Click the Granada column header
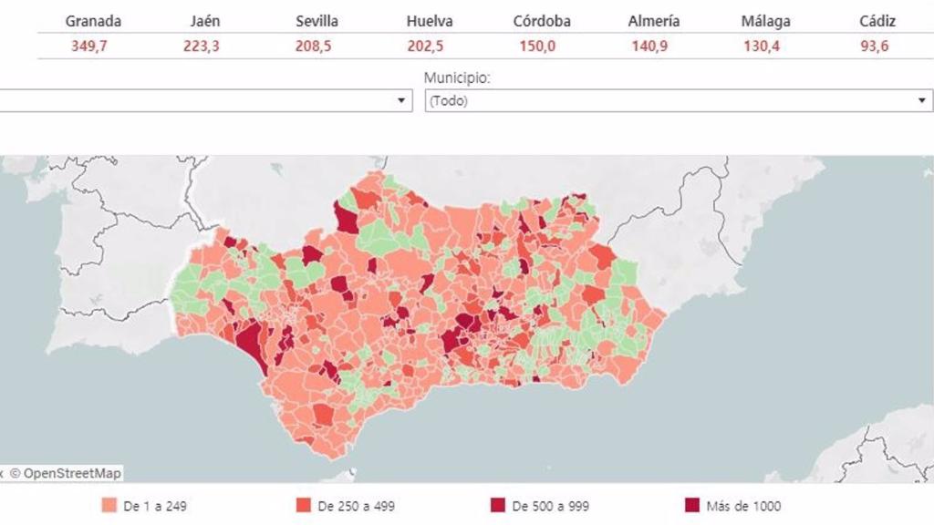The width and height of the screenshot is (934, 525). pos(93,21)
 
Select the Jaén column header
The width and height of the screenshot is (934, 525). pos(205,21)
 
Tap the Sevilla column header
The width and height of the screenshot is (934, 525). pos(317,21)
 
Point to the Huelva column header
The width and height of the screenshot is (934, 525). pos(430,21)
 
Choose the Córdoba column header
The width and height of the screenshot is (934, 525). pos(542,21)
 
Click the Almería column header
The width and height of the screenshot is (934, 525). pos(654,21)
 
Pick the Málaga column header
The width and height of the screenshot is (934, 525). pos(765,21)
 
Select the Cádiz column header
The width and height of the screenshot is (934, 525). pos(877,21)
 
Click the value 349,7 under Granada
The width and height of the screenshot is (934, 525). pos(89,46)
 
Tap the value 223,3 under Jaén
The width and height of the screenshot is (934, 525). pos(202,46)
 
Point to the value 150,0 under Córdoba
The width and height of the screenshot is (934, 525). pos(537,46)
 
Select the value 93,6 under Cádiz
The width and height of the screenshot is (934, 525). pos(874,46)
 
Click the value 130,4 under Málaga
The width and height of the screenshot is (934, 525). pos(762,46)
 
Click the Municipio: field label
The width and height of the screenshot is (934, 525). pos(457,78)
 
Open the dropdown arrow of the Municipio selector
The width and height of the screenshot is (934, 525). pos(922,100)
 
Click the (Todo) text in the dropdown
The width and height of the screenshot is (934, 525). pos(449,101)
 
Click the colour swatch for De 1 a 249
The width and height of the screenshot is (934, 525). pos(109,506)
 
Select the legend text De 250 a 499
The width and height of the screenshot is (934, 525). pos(356,506)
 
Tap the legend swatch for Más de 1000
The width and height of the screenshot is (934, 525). pos(692,506)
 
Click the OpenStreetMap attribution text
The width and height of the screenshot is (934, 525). pos(65,473)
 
